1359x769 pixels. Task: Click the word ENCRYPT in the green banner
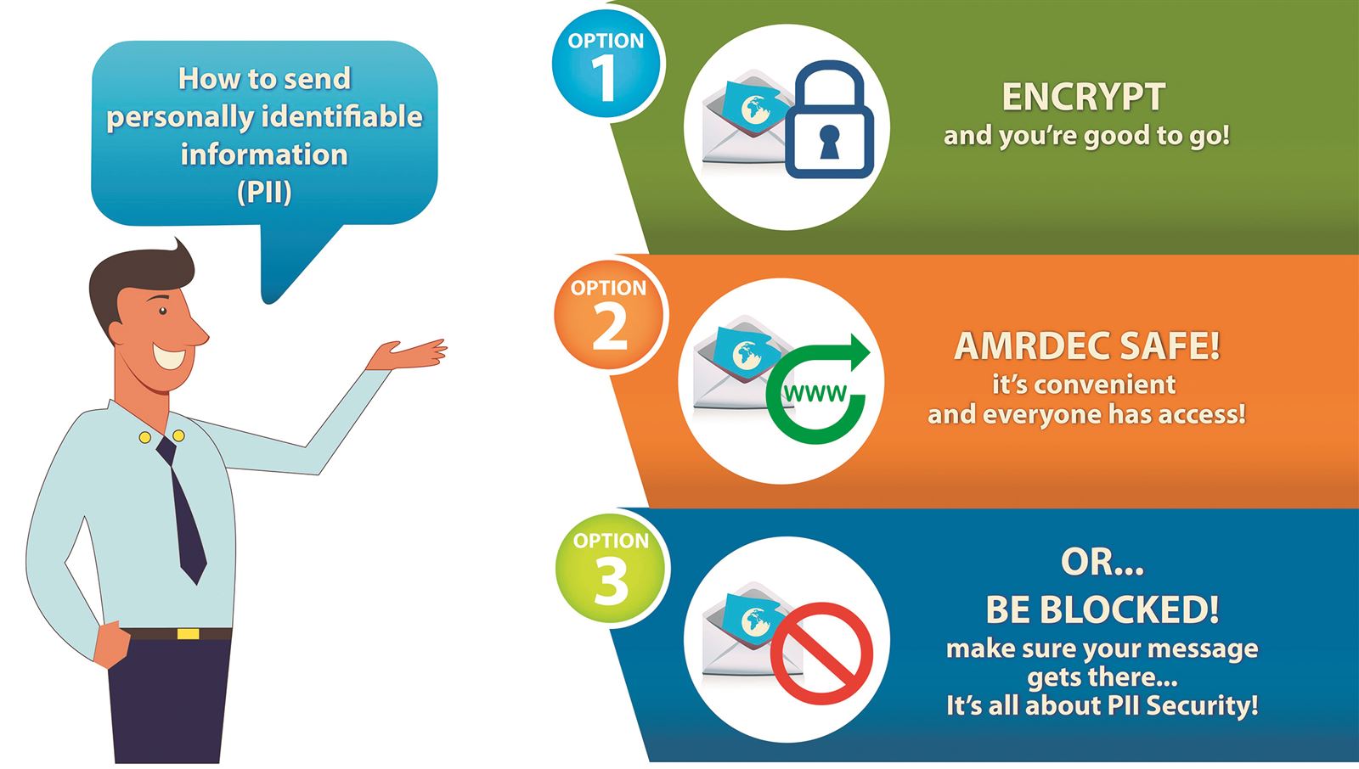point(1084,97)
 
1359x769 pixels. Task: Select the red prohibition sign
point(822,654)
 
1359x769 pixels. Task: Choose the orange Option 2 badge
point(609,316)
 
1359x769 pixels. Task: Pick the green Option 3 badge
point(611,569)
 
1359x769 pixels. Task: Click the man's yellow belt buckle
point(188,634)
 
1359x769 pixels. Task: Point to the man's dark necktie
point(183,509)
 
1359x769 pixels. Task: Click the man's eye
point(162,312)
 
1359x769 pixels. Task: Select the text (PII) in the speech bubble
point(264,192)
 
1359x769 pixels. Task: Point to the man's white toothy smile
point(169,356)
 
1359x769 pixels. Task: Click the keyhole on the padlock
point(829,142)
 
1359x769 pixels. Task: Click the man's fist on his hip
point(113,644)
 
